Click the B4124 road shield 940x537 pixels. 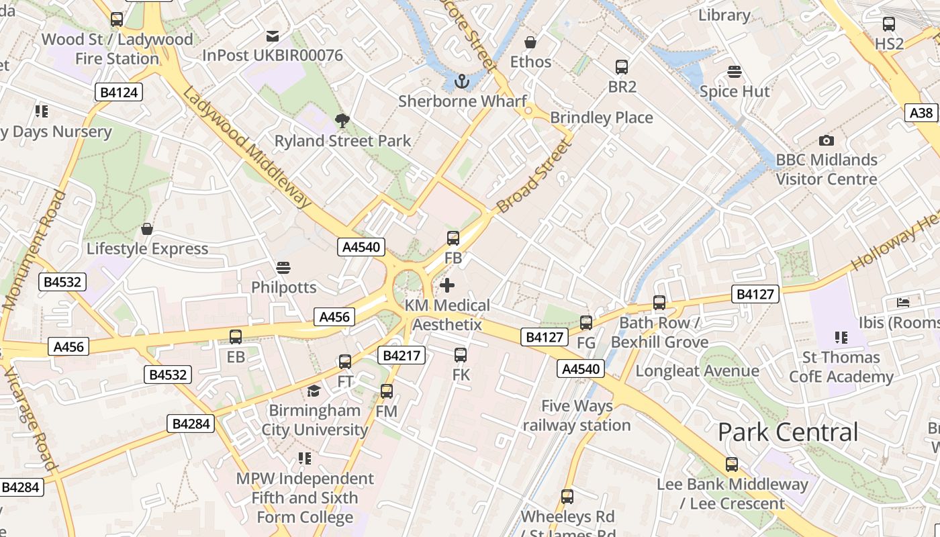pyautogui.click(x=119, y=92)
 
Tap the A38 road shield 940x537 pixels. pyautogui.click(x=921, y=112)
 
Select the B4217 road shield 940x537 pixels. pyautogui.click(x=402, y=355)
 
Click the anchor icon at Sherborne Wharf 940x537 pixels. pyautogui.click(x=461, y=82)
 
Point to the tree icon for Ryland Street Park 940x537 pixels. pyautogui.click(x=342, y=121)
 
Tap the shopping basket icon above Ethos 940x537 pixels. pyautogui.click(x=530, y=42)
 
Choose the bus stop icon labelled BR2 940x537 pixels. pyautogui.click(x=622, y=67)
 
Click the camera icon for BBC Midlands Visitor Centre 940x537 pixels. pyautogui.click(x=827, y=140)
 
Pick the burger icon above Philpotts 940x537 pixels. pyautogui.click(x=283, y=267)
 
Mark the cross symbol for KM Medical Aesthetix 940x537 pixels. pyautogui.click(x=447, y=285)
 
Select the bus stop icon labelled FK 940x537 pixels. pyautogui.click(x=461, y=355)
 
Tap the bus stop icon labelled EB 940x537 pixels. pyautogui.click(x=236, y=337)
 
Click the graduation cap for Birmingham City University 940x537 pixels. pyautogui.click(x=314, y=391)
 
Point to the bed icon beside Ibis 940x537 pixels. pyautogui.click(x=903, y=303)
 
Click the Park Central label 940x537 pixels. pyautogui.click(x=788, y=432)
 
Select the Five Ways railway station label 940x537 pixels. pyautogui.click(x=577, y=416)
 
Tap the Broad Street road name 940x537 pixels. pyautogui.click(x=532, y=177)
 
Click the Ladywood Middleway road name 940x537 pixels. pyautogui.click(x=248, y=148)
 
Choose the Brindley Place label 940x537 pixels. pyautogui.click(x=601, y=117)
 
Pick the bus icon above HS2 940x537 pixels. pyautogui.click(x=889, y=24)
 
